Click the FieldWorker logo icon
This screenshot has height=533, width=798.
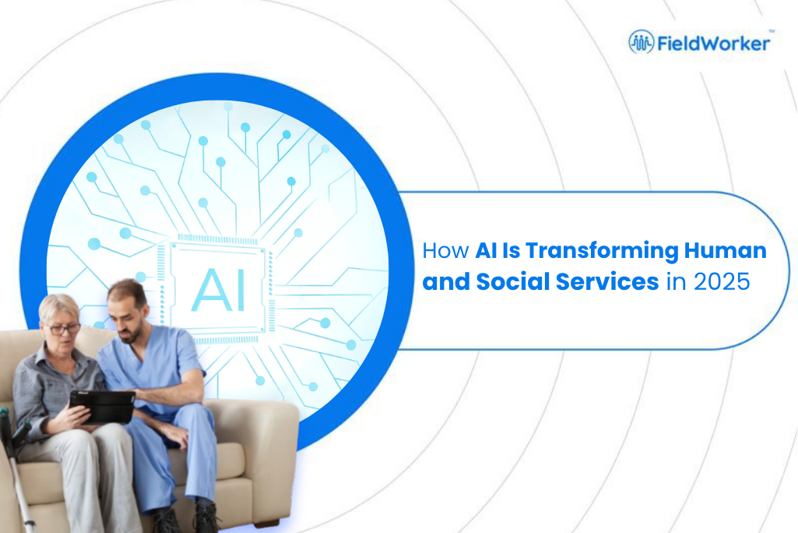tap(642, 42)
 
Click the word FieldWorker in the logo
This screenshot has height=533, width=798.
tap(713, 44)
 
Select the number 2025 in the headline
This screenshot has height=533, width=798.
tap(722, 282)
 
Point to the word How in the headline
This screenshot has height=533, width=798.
tap(445, 251)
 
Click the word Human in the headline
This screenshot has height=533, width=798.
tap(726, 250)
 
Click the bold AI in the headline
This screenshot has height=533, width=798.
tap(486, 250)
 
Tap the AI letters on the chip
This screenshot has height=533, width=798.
tap(219, 291)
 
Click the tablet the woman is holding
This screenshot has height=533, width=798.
tap(102, 406)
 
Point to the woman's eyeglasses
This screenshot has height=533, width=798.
tap(62, 329)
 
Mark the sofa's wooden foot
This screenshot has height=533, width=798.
tap(266, 523)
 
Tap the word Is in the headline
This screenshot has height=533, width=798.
tap(511, 250)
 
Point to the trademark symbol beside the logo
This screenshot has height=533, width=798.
tap(772, 32)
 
